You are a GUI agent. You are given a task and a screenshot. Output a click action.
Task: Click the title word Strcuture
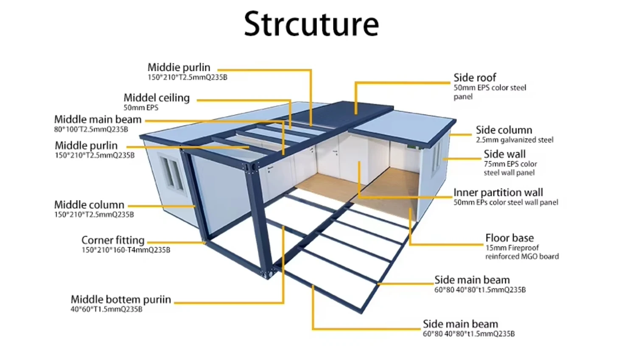pos(311,24)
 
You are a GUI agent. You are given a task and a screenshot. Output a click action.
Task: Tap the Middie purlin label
pos(179,67)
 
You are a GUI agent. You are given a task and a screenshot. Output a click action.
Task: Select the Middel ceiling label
pos(157,98)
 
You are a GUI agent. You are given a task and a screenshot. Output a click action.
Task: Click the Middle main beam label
pos(98,120)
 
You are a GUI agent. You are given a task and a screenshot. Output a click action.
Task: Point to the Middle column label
pos(89,205)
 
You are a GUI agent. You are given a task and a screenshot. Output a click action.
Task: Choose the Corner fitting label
pos(113,240)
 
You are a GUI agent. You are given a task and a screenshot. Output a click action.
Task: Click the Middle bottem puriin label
pos(121,299)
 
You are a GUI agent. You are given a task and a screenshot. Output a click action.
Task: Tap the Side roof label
pos(474,78)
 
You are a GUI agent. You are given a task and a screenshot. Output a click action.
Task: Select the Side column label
pos(504,130)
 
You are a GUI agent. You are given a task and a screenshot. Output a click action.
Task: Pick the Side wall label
pos(504,154)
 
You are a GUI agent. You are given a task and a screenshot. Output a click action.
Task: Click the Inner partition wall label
pos(498,193)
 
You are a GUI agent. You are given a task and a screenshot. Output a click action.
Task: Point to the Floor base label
pos(509,238)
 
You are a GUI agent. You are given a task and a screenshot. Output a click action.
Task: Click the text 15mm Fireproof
pos(512,248)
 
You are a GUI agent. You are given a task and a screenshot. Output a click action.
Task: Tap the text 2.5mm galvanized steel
pos(514,140)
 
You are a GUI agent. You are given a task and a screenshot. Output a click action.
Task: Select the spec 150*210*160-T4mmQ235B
pos(126,250)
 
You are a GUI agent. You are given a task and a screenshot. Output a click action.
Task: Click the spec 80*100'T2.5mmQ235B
pos(91,129)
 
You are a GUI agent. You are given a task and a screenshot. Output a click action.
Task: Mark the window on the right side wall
pos(436,157)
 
